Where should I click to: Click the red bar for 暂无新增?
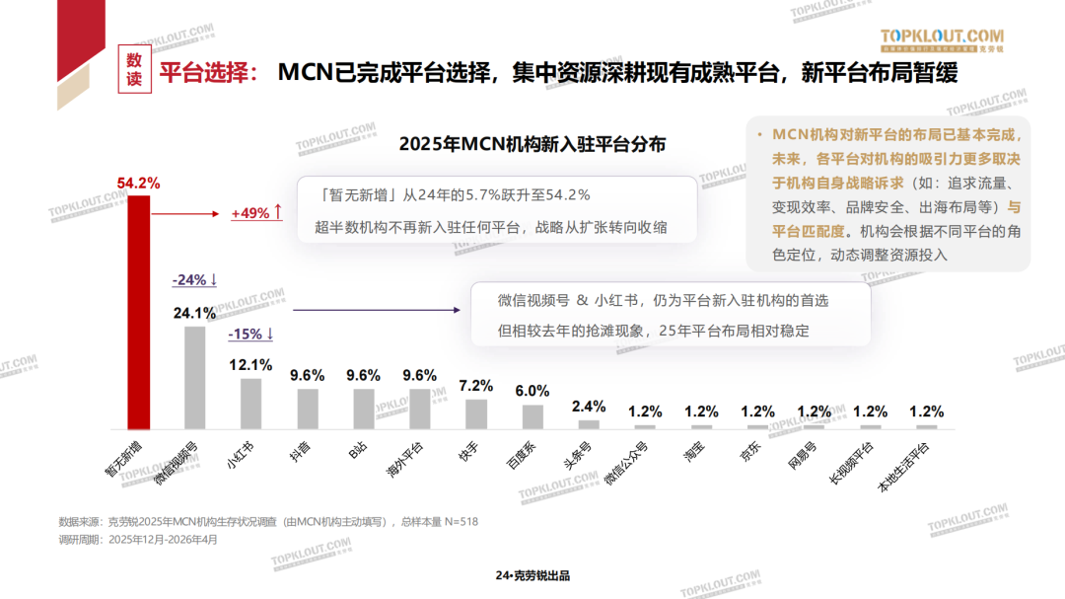pos(138,311)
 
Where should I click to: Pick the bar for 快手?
pos(476,412)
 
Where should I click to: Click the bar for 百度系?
pos(532,415)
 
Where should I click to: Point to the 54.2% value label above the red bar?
pos(138,184)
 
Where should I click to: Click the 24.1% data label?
pos(194,314)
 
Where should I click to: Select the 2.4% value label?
pos(589,407)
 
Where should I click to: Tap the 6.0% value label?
pos(532,391)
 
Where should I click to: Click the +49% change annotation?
pos(256,213)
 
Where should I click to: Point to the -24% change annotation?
pos(194,280)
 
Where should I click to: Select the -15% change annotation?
pos(250,334)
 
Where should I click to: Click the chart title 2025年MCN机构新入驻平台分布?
pos(532,144)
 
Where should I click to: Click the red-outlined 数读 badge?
pos(135,69)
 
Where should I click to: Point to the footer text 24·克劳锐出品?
pos(532,576)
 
